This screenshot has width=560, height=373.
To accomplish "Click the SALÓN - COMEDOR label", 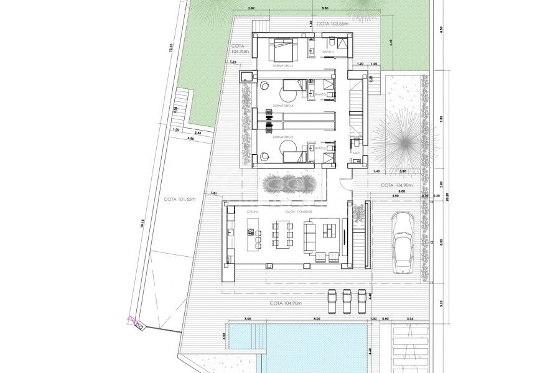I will pyautogui.click(x=299, y=212).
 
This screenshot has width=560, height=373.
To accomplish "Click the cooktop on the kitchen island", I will pyautogui.click(x=256, y=233).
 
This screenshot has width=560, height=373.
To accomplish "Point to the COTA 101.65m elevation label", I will pyautogui.click(x=180, y=200).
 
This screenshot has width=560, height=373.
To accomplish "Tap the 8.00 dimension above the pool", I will pyautogui.click(x=299, y=318).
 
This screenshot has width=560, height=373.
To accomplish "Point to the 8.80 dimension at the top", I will pyautogui.click(x=308, y=9).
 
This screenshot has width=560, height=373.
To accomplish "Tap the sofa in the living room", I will pyautogui.click(x=310, y=236).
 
